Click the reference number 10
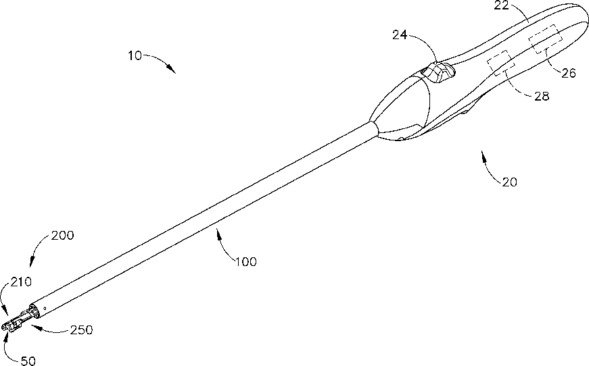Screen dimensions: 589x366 click(x=135, y=56)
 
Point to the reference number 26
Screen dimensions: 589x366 click(x=569, y=73)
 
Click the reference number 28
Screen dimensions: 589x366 click(x=542, y=96)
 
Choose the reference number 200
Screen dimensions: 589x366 click(x=62, y=236)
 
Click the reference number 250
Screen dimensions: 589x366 click(x=80, y=330)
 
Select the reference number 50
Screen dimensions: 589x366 click(x=26, y=361)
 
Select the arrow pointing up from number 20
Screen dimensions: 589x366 click(x=488, y=165)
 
